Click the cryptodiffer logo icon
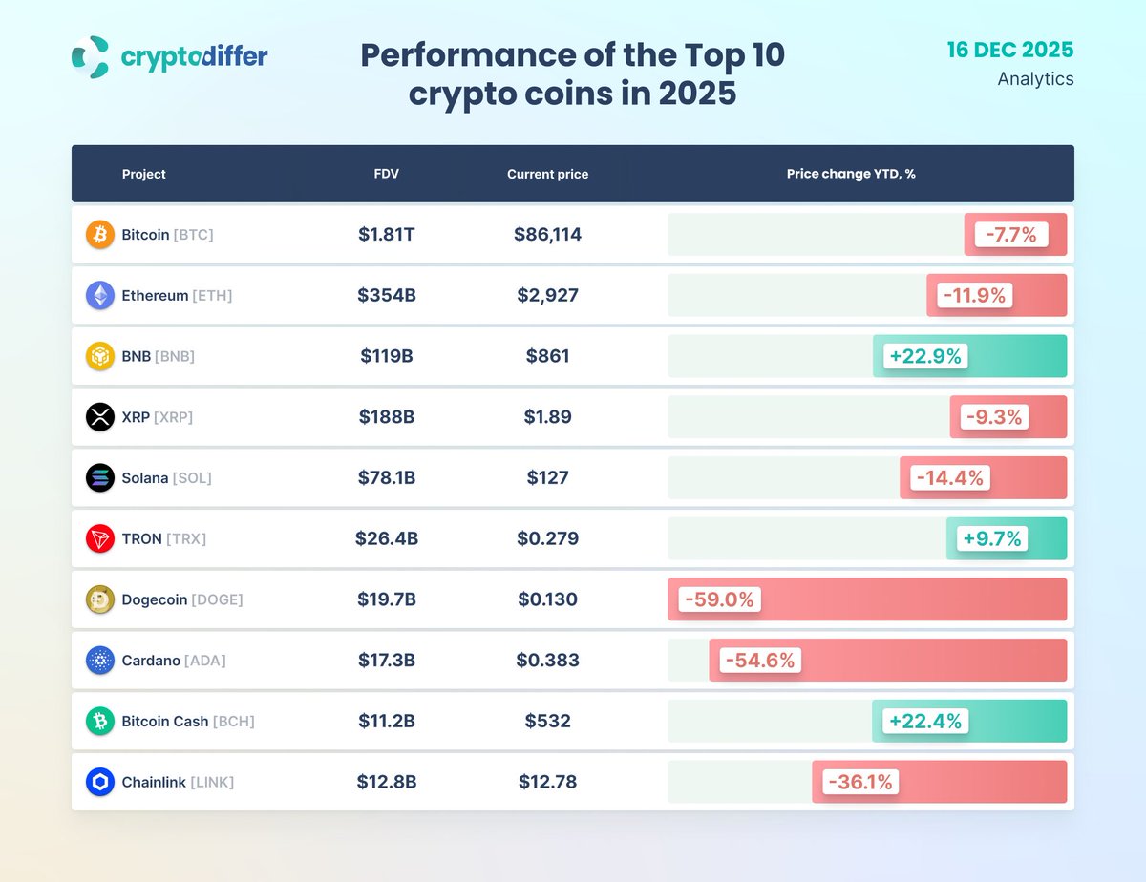tap(91, 57)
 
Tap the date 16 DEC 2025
tap(1009, 50)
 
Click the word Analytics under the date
tap(1035, 79)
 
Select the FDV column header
tap(387, 174)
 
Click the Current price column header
tap(547, 174)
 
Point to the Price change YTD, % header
tap(851, 174)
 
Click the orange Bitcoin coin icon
tap(100, 235)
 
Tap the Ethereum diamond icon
tap(100, 296)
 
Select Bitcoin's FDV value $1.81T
tap(387, 235)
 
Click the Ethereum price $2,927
tap(547, 296)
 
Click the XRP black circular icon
tap(100, 417)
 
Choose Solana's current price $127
tap(547, 478)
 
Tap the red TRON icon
tap(100, 539)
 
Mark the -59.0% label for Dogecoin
tap(719, 599)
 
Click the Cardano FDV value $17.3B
tap(387, 661)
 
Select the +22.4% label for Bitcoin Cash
tap(925, 722)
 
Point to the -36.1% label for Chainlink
tap(859, 783)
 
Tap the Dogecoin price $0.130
tap(547, 599)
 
